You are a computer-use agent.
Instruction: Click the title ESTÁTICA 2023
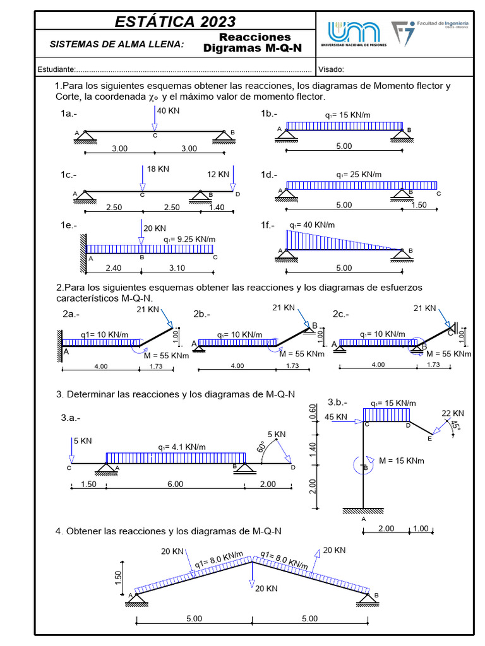click(175, 21)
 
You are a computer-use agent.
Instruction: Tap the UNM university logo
click(354, 35)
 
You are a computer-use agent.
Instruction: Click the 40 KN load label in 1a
click(169, 110)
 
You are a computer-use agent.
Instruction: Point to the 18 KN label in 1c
click(158, 169)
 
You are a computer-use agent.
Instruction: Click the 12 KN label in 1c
click(219, 174)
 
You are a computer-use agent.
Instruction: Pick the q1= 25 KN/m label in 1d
click(359, 174)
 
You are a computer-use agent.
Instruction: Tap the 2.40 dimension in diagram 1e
click(113, 268)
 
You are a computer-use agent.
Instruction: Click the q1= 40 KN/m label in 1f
click(312, 225)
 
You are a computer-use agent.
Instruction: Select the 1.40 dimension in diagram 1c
click(216, 208)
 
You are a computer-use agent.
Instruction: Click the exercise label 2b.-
click(202, 314)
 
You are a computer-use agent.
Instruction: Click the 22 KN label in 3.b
click(453, 413)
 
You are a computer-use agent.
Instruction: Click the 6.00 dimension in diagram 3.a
click(175, 484)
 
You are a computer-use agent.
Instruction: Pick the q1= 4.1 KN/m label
click(182, 447)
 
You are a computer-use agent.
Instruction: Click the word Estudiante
click(57, 69)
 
